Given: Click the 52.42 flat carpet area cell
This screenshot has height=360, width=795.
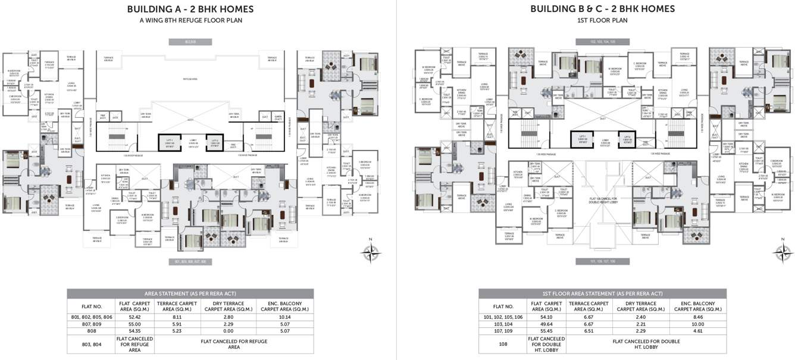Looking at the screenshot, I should [x=140, y=318].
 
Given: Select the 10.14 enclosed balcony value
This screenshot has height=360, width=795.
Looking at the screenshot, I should [x=284, y=318].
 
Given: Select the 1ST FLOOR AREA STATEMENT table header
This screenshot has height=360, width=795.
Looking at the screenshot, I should [x=602, y=293].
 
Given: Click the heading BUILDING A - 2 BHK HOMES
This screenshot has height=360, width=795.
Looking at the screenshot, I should [x=190, y=9].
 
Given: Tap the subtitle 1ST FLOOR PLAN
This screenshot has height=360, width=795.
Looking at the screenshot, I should [x=602, y=20].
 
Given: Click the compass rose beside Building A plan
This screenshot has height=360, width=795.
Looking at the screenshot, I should [x=370, y=251].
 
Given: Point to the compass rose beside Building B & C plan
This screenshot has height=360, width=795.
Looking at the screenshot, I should [x=781, y=251].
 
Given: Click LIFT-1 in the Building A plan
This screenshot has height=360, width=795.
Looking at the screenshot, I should [x=170, y=142].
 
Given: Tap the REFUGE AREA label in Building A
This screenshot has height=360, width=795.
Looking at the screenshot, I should [x=190, y=79].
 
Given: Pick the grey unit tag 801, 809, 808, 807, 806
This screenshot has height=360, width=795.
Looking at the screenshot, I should [x=190, y=262].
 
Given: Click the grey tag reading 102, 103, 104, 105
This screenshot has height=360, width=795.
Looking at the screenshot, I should [x=602, y=42].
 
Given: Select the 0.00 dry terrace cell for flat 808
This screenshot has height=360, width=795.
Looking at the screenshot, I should [x=221, y=331].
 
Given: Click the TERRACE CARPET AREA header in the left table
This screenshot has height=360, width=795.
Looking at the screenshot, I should [x=177, y=306].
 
